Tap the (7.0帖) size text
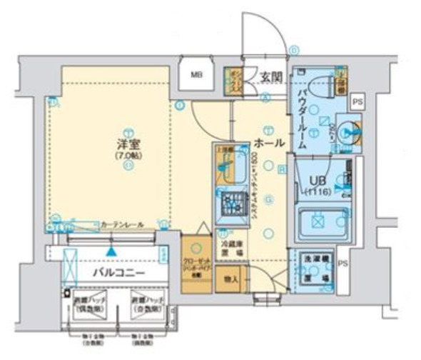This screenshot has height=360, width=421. (127, 154)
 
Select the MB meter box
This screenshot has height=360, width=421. (196, 74)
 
